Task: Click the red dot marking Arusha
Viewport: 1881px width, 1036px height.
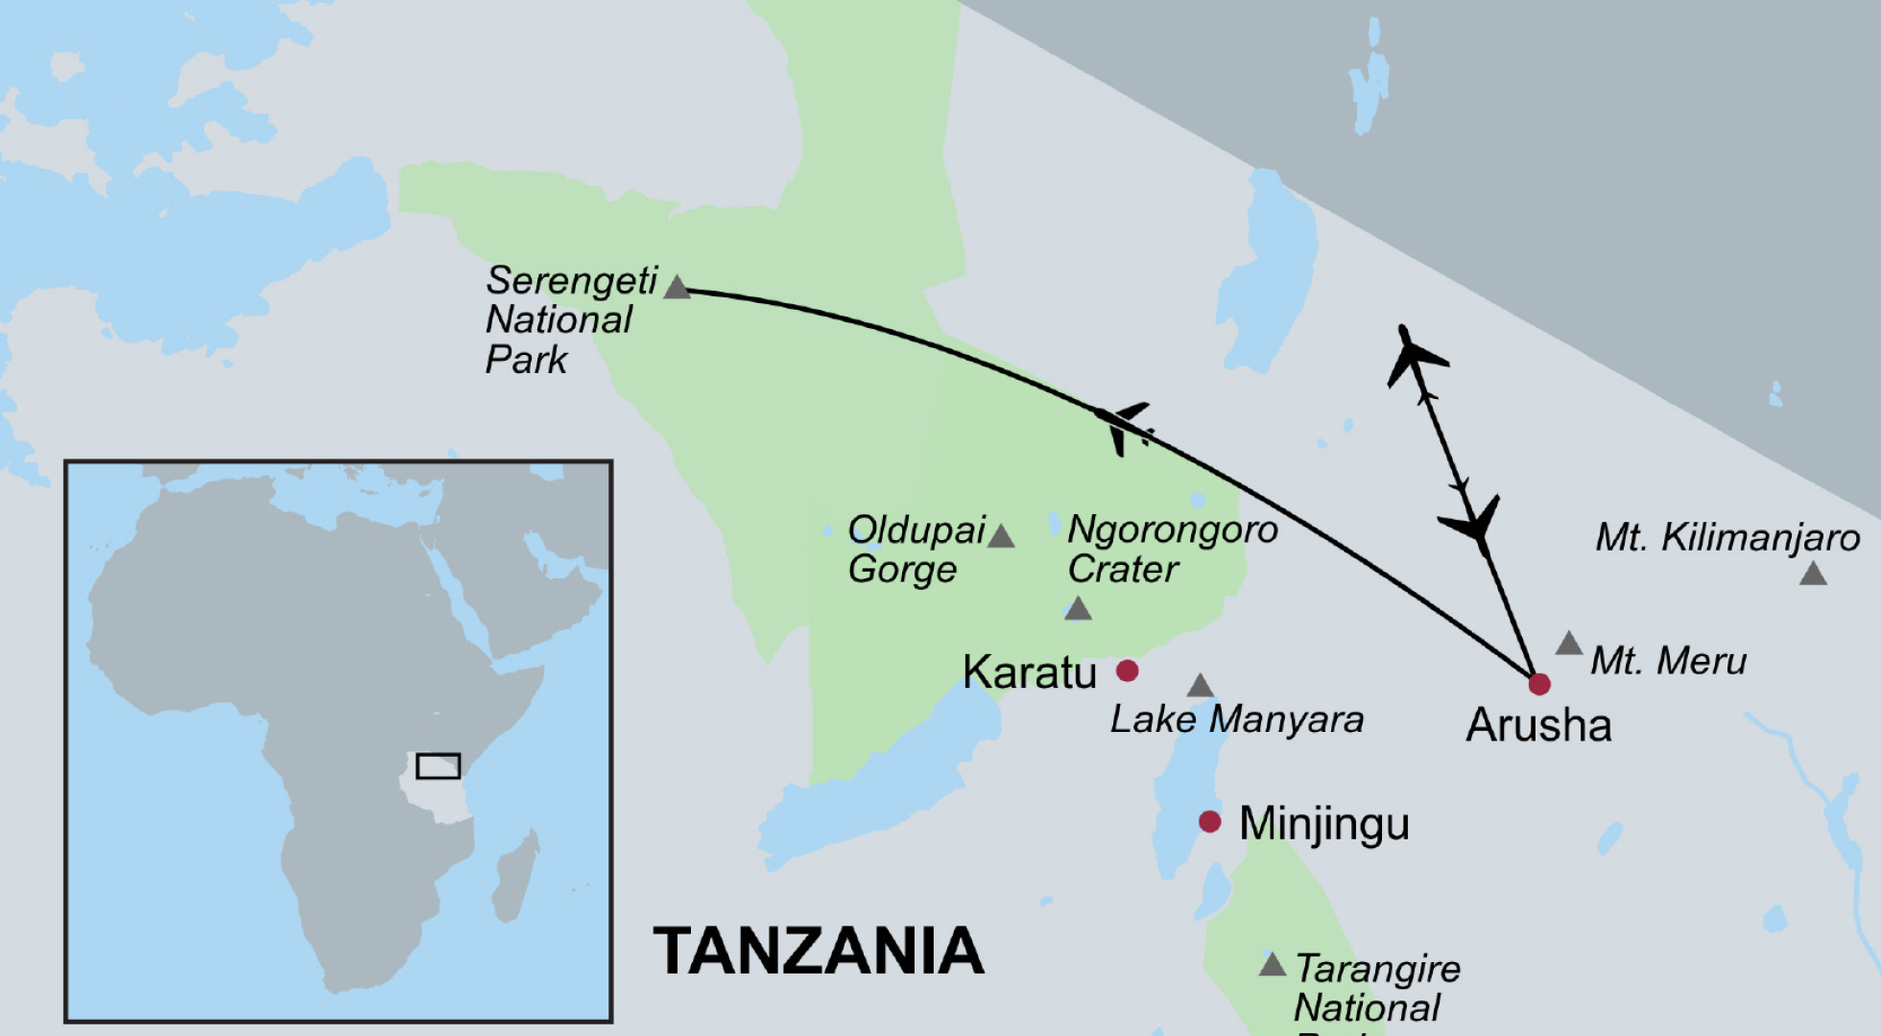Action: pyautogui.click(x=1538, y=684)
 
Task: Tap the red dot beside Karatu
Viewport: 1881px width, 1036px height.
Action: pyautogui.click(x=1128, y=671)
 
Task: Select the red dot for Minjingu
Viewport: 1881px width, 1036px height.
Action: pyautogui.click(x=1210, y=821)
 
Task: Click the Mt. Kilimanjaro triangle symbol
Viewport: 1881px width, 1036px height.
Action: pyautogui.click(x=1813, y=575)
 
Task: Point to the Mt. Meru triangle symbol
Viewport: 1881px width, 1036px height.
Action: pyautogui.click(x=1569, y=644)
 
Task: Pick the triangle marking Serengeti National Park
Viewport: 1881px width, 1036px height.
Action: pyautogui.click(x=678, y=288)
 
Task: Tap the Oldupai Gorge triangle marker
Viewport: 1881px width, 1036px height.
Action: pyautogui.click(x=1001, y=537)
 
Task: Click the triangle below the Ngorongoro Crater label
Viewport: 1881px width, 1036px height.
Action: pyautogui.click(x=1078, y=609)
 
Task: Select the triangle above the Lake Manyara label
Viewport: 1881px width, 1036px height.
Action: pyautogui.click(x=1200, y=686)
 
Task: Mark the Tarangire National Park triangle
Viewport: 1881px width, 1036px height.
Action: pyautogui.click(x=1272, y=965)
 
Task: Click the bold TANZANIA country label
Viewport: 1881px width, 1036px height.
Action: pyautogui.click(x=819, y=952)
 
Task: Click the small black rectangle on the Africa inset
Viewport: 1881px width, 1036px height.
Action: pyautogui.click(x=439, y=765)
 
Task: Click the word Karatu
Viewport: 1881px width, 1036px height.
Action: pyautogui.click(x=1029, y=672)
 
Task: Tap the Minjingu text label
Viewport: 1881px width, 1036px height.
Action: pyautogui.click(x=1323, y=823)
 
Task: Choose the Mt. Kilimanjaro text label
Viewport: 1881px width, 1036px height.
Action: pyautogui.click(x=1726, y=538)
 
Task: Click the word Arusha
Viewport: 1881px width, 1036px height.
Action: pyautogui.click(x=1538, y=725)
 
